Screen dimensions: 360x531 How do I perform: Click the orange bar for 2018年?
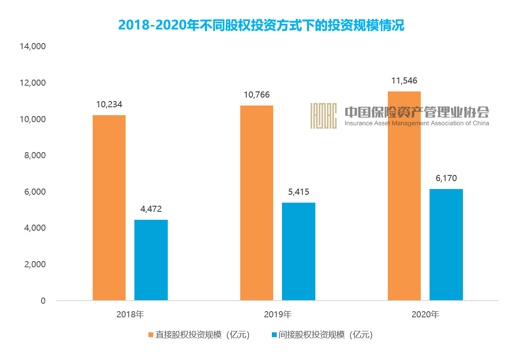pos(109,207)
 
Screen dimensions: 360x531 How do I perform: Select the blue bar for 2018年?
pos(151,260)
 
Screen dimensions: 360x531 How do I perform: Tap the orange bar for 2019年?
pos(256,203)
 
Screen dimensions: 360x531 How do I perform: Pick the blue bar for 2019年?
pos(298,251)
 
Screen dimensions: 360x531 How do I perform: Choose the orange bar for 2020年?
pos(404,196)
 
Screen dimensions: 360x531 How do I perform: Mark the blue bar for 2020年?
pos(446,244)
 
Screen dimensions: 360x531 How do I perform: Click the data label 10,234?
pos(109,105)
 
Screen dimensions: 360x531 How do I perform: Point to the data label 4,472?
pos(151,209)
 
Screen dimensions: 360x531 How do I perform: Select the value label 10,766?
pos(256,95)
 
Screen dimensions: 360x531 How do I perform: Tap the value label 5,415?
pos(298,192)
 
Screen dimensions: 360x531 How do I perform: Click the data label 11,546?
pos(404,81)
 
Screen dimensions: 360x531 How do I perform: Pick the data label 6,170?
pos(446,178)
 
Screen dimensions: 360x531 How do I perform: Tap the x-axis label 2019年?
pos(278,315)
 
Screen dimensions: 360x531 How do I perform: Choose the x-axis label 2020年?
pos(425,315)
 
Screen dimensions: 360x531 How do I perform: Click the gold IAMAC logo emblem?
pos(323,116)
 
